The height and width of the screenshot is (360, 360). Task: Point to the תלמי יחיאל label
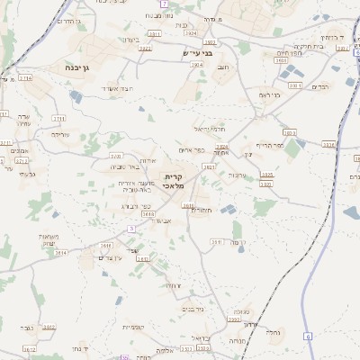[x=206, y=130]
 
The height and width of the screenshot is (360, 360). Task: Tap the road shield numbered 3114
[x=25, y=78]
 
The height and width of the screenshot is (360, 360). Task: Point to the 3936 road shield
[x=328, y=144]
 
